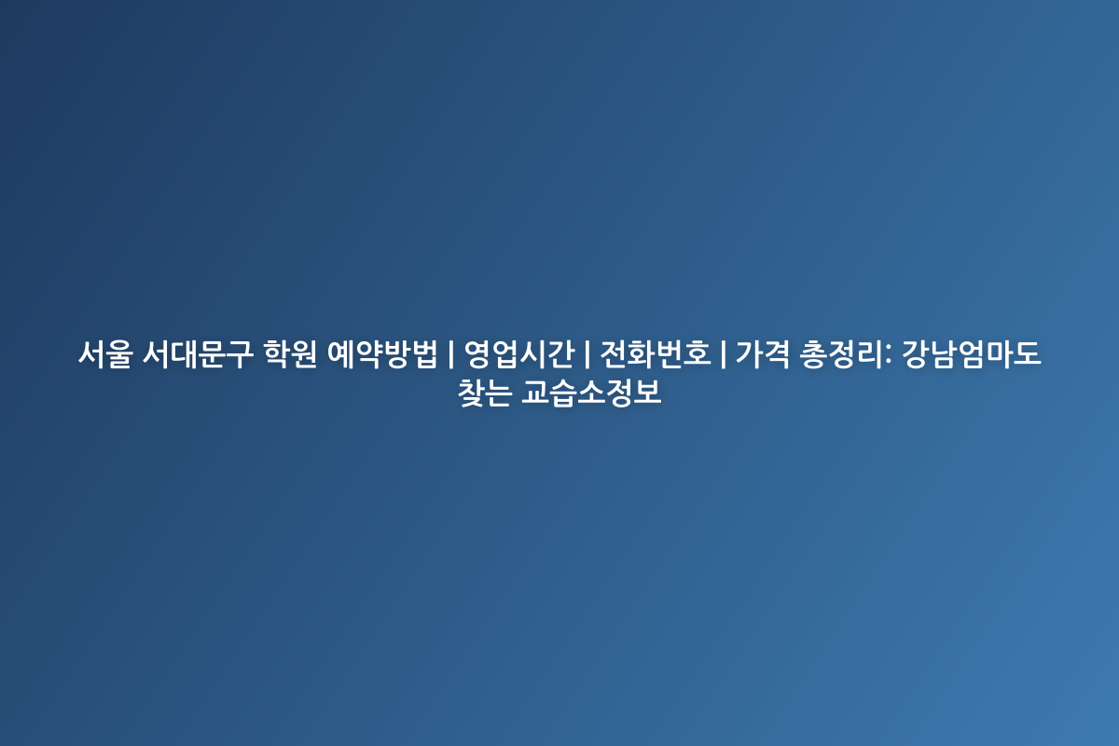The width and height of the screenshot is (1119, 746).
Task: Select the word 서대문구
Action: pyautogui.click(x=198, y=354)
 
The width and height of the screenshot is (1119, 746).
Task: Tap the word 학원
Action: pyautogui.click(x=290, y=354)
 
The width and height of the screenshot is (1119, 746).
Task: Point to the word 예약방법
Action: pyautogui.click(x=382, y=354)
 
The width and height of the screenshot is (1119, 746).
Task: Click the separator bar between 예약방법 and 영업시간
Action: pyautogui.click(x=451, y=354)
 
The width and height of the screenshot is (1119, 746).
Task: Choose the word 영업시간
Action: pyautogui.click(x=519, y=354)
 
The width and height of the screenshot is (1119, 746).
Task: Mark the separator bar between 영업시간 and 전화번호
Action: pyautogui.click(x=587, y=354)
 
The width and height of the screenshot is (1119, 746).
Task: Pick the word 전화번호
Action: pyautogui.click(x=656, y=354)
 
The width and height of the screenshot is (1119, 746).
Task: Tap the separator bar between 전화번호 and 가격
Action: pyautogui.click(x=724, y=354)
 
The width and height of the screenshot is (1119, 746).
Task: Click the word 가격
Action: pyautogui.click(x=763, y=354)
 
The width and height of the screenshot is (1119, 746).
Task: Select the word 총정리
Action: pyautogui.click(x=841, y=354)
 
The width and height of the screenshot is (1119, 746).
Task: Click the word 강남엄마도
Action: pyautogui.click(x=972, y=354)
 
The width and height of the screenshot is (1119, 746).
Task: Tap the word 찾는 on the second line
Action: pyautogui.click(x=485, y=393)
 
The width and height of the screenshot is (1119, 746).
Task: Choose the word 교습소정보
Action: pyautogui.click(x=591, y=393)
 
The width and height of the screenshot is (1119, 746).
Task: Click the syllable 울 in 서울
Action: pyautogui.click(x=120, y=354)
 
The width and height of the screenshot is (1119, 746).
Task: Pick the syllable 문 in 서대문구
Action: pyautogui.click(x=212, y=354)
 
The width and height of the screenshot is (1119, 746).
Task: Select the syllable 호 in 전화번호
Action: pyautogui.click(x=698, y=354)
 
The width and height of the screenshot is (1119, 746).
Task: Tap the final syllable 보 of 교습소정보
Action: pyautogui.click(x=648, y=393)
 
